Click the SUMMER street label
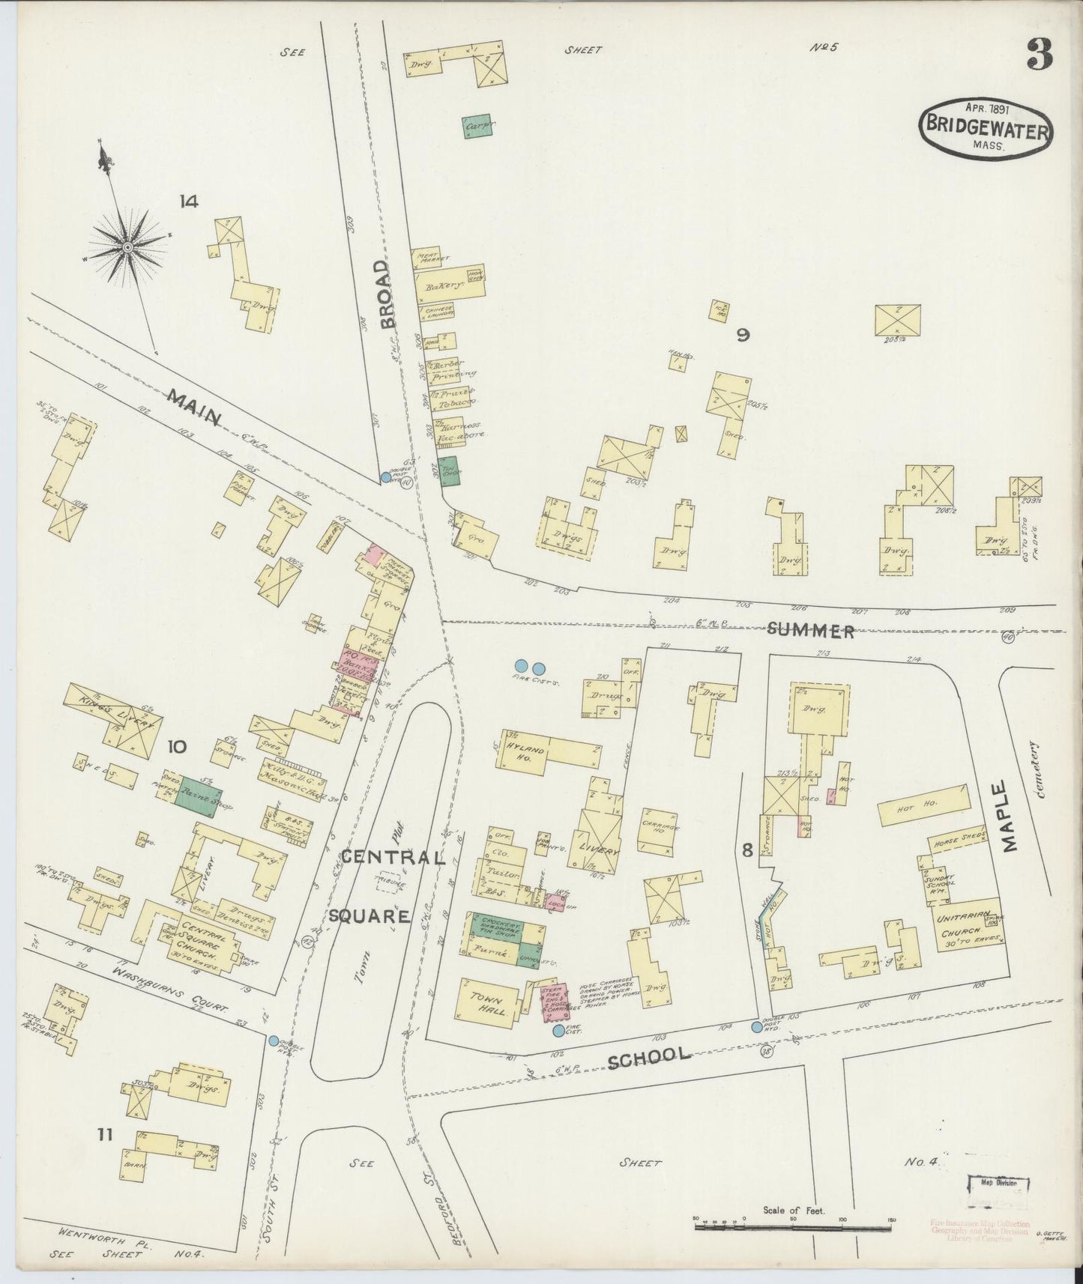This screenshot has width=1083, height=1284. coord(811,632)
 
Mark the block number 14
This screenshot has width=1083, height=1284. coord(188,201)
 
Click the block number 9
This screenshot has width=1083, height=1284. coord(742,335)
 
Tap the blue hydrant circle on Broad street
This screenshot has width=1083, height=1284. coord(386,477)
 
